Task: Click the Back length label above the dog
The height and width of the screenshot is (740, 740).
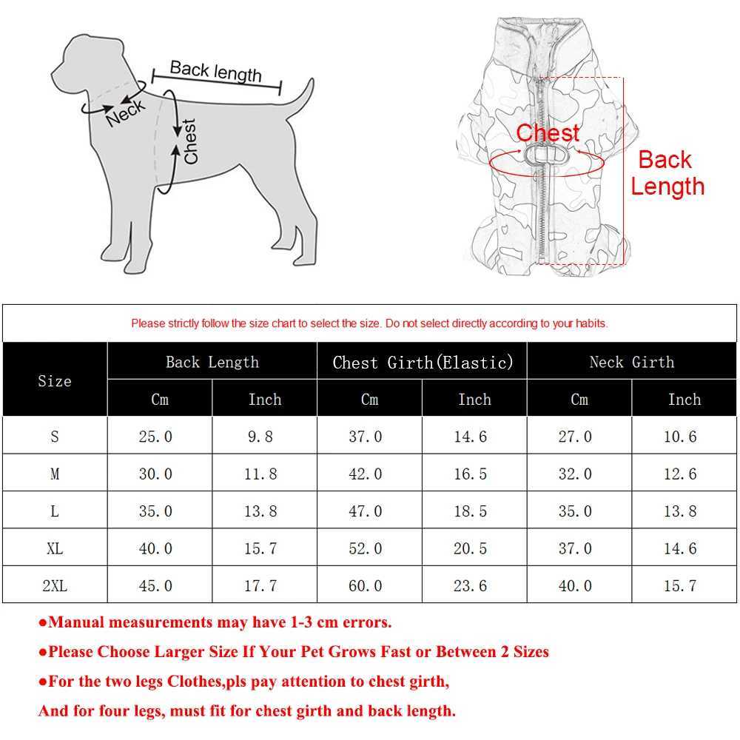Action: pos(215,72)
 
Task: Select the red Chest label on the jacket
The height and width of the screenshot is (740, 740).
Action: pos(548,133)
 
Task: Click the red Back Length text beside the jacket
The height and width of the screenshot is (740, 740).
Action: pos(665,173)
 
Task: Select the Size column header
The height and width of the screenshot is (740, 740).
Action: pos(55,381)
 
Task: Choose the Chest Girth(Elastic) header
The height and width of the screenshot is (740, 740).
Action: pos(423,363)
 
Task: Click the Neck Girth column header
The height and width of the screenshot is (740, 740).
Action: pos(632,363)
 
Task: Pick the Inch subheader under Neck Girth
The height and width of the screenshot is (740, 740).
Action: pos(684,400)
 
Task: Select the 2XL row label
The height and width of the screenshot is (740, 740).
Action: pos(55,586)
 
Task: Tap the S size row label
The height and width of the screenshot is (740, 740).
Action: pos(55,437)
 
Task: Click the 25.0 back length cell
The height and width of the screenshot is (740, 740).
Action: pos(155,437)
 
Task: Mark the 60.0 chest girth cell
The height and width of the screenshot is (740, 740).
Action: pos(366,586)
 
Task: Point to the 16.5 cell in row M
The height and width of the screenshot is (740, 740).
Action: pos(471,474)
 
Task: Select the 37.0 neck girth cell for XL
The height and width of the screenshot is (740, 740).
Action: pos(575,549)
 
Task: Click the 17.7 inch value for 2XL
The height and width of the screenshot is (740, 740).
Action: pos(260,586)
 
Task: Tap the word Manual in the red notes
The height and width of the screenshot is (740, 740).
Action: pos(77,622)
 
